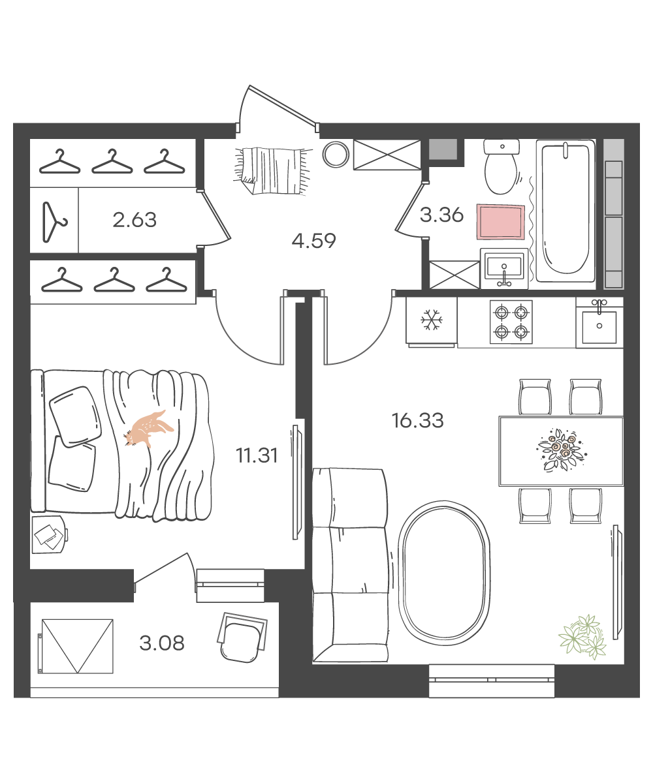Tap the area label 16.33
point(417,420)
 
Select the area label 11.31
point(257,455)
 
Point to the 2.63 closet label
point(135,220)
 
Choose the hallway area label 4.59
point(313,241)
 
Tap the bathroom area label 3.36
point(441,215)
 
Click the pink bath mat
point(501,221)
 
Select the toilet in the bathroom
point(502,167)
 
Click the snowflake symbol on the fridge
point(432,320)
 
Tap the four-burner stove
point(511,322)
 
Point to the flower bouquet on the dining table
point(562,450)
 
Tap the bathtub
point(565,211)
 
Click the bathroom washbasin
point(504,268)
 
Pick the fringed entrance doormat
point(273,170)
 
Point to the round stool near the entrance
point(336,154)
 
